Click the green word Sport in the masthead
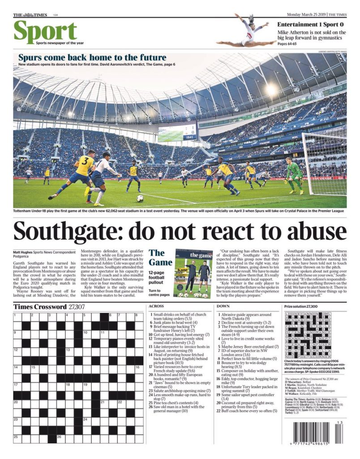[45, 32]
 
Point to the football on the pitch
[140, 198]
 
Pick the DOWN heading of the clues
[223, 306]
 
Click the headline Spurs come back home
[92, 57]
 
